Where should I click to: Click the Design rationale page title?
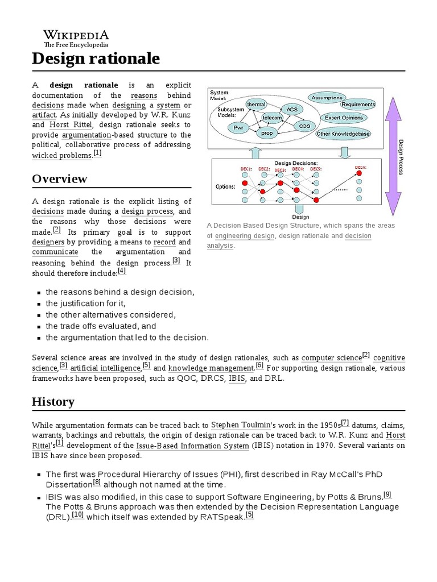(x=96, y=58)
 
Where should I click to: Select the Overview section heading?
(x=60, y=178)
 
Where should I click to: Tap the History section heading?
(x=53, y=402)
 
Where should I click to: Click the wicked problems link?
(x=61, y=155)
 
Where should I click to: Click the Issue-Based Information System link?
(x=196, y=446)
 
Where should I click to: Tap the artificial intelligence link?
(x=105, y=368)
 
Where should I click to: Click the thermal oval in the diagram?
(x=256, y=105)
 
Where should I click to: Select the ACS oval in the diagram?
(x=291, y=109)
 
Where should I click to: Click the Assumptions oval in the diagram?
(x=327, y=98)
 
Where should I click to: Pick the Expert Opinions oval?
(x=344, y=118)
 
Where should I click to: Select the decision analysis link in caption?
(x=358, y=236)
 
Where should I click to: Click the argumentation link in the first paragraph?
(x=86, y=135)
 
